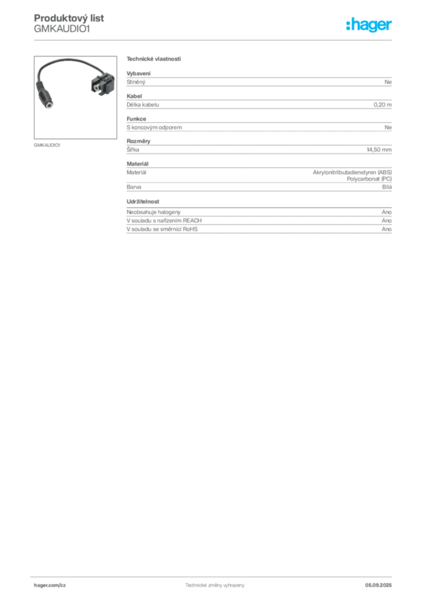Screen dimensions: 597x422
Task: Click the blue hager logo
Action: (370, 26)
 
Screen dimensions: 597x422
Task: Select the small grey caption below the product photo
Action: (47, 144)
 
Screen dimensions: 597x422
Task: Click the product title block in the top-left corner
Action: (62, 24)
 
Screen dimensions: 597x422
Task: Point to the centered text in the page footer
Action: (210, 582)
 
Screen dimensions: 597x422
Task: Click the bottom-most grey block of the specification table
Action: (258, 227)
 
